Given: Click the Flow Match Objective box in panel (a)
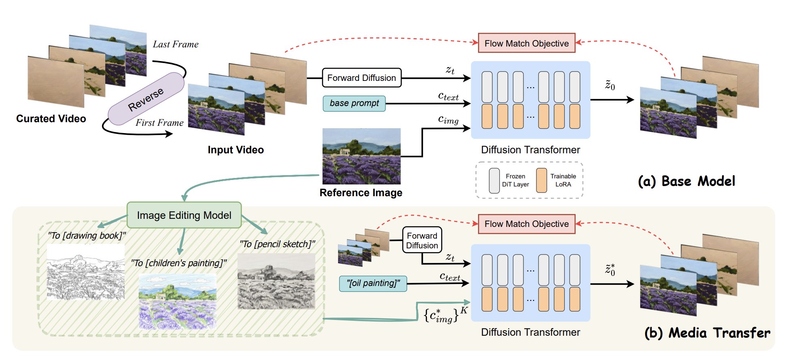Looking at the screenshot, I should [527, 43].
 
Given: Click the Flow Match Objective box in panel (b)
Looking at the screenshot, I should [527, 224].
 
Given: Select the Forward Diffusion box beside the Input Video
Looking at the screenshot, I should [361, 78].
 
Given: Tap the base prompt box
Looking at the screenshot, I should [354, 104].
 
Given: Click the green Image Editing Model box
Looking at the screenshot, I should [184, 215].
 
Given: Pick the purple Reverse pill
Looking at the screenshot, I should [146, 99].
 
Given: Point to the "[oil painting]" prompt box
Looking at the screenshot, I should [373, 284].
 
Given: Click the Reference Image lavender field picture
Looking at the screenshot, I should [361, 156].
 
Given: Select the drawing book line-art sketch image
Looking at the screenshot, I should [86, 272].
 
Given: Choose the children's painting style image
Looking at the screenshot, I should [177, 301].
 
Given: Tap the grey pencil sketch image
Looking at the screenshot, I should [276, 282].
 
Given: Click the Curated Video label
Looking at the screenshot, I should [51, 119].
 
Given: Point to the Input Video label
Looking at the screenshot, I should [236, 150].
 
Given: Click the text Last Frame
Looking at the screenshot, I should [176, 44].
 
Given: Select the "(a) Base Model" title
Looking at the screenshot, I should [686, 181].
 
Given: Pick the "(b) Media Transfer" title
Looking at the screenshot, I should [707, 333].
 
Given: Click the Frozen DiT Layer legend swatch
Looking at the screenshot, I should [494, 180].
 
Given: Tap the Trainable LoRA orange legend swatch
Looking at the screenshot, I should [542, 180].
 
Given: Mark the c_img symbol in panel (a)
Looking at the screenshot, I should [448, 120].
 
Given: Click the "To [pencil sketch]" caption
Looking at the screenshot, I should [277, 244].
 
